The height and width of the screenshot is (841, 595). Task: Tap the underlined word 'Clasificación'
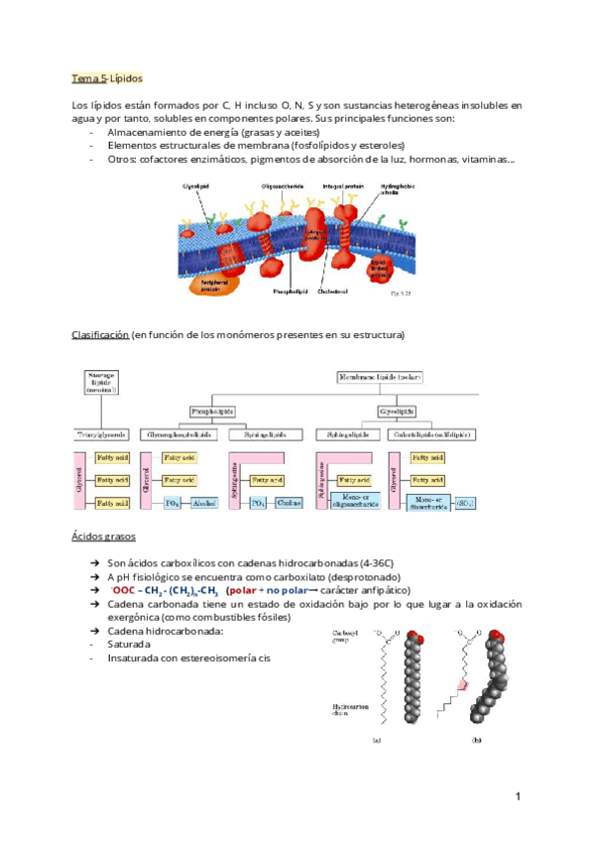tap(100, 335)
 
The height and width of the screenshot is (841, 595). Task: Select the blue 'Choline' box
tap(291, 505)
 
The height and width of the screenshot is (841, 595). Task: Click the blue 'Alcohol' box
tap(204, 505)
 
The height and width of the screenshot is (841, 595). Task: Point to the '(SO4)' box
tap(463, 505)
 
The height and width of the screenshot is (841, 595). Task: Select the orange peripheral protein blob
tap(217, 279)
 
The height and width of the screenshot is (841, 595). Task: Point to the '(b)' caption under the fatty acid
tap(477, 739)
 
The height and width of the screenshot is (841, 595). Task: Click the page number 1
tap(518, 796)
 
